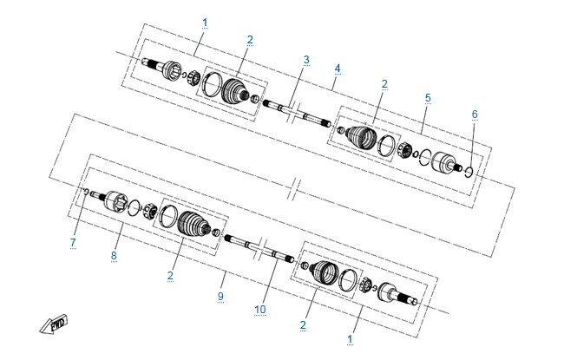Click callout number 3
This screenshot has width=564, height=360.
tap(306, 59)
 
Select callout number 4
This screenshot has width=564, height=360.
tap(337, 69)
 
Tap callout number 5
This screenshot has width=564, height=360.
tap(428, 97)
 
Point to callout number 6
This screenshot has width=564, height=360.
tap(475, 114)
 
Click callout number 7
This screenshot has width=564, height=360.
tap(73, 242)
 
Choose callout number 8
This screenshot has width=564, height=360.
tap(114, 255)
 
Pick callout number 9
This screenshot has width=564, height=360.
tap(220, 297)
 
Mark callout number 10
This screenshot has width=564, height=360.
tap(260, 310)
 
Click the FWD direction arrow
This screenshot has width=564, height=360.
tap(54, 324)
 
